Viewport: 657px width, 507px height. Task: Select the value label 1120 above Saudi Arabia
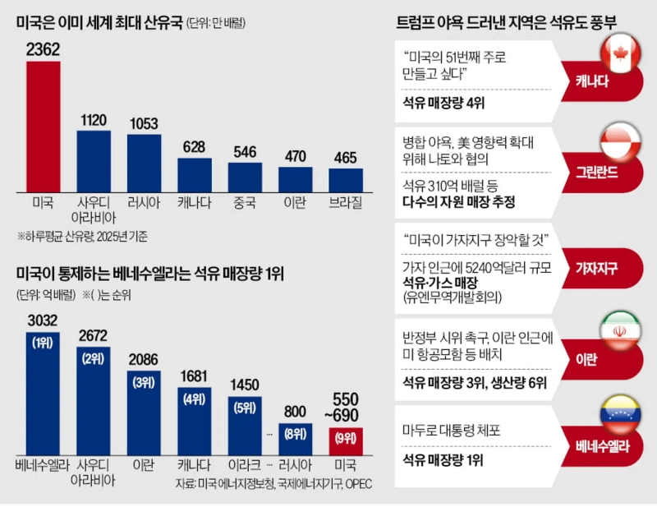pyautogui.click(x=93, y=120)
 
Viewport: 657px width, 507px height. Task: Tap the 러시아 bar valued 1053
pyautogui.click(x=144, y=162)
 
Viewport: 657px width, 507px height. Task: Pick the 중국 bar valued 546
pyautogui.click(x=245, y=176)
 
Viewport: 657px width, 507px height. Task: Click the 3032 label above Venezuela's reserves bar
pyautogui.click(x=43, y=319)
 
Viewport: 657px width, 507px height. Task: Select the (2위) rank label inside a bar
pyautogui.click(x=93, y=358)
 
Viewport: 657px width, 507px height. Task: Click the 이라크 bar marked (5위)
pyautogui.click(x=245, y=422)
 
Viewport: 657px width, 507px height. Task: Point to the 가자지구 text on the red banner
pyautogui.click(x=596, y=268)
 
